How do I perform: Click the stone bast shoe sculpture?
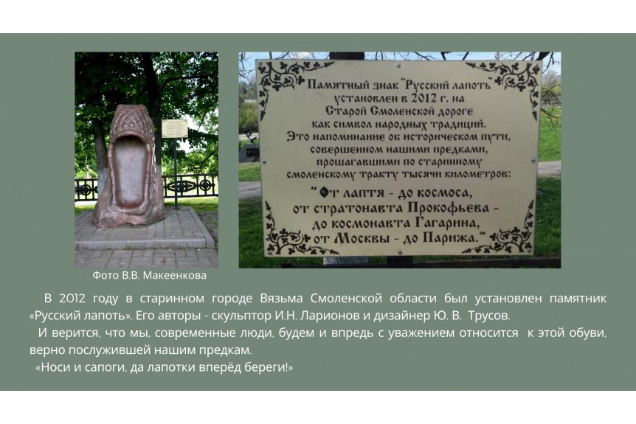click(129, 167)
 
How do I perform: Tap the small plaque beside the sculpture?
click(175, 128)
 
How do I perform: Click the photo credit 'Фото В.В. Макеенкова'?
click(149, 276)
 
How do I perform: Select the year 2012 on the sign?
click(424, 98)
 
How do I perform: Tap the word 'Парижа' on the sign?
click(449, 237)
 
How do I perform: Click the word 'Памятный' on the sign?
click(333, 85)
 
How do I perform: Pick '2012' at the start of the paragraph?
click(72, 299)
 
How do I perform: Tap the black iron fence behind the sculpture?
click(190, 187)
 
